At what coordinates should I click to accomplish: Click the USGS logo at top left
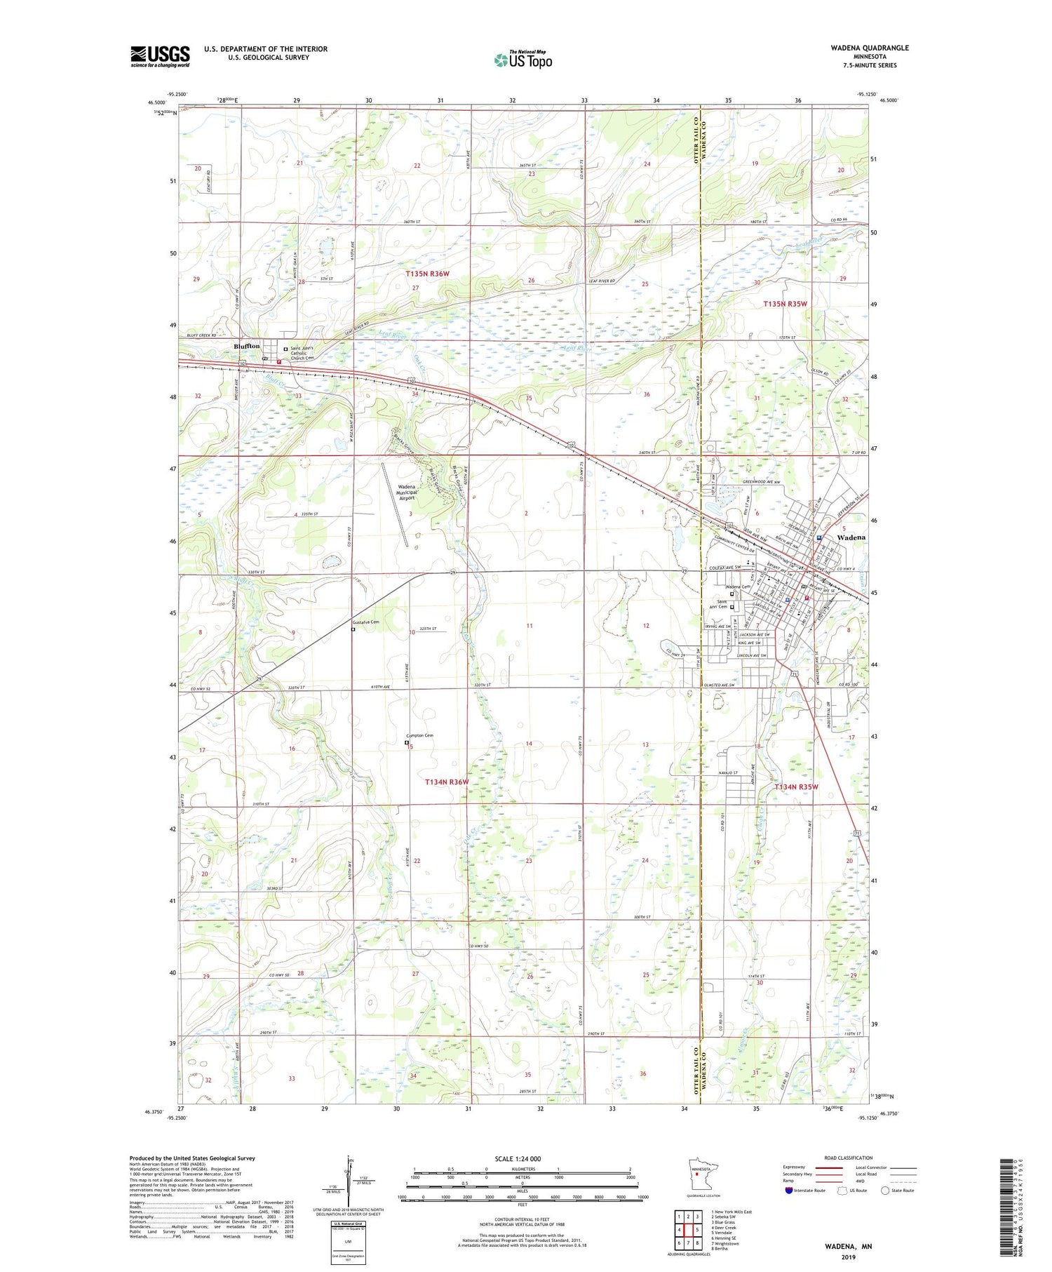tap(160, 56)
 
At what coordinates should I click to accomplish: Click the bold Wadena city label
tap(851, 537)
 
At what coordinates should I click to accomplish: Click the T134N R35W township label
tap(796, 787)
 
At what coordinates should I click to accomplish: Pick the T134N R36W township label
tap(447, 782)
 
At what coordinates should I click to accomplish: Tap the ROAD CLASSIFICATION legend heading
tap(849, 1158)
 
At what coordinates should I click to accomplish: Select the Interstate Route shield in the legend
tap(789, 1191)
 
